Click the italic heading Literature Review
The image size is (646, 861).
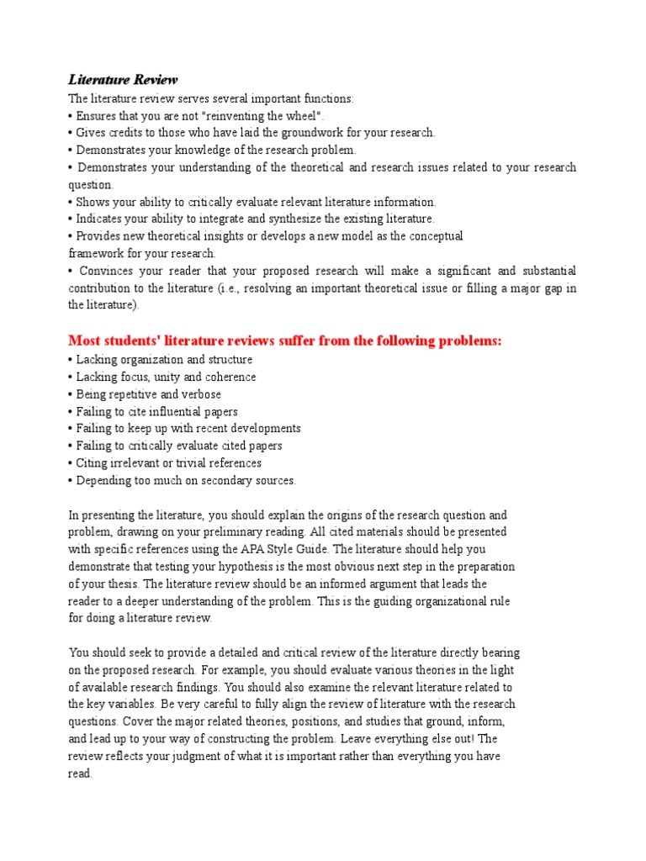point(123,80)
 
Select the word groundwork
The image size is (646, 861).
point(317,133)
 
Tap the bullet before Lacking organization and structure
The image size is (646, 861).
point(71,360)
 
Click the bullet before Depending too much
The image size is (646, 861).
point(71,480)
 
